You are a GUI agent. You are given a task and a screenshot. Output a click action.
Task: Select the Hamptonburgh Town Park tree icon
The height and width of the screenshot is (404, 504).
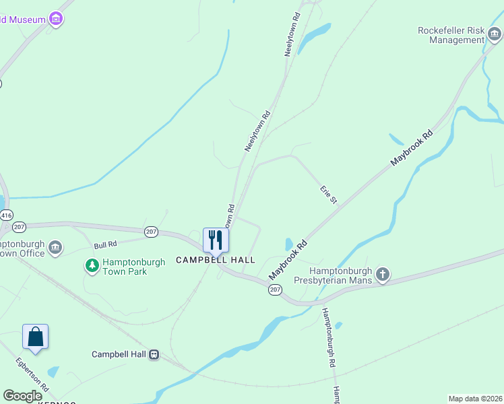click(92, 266)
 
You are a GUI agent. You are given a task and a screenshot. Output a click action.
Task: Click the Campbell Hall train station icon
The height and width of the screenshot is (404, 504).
click(154, 354)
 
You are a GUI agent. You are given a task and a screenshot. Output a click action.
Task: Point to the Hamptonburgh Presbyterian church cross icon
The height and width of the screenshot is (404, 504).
click(383, 274)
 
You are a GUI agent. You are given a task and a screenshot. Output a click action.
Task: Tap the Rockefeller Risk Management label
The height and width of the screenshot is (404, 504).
click(451, 35)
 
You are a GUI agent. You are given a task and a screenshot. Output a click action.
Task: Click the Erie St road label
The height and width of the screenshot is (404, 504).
click(329, 196)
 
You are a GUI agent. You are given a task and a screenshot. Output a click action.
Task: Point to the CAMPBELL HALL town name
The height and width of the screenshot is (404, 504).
click(216, 260)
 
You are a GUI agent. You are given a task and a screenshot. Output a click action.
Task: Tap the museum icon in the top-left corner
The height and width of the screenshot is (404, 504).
click(57, 19)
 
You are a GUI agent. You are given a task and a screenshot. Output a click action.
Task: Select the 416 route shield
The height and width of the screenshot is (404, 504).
click(6, 215)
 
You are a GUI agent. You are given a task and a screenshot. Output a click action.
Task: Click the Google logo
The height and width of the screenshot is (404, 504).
click(22, 396)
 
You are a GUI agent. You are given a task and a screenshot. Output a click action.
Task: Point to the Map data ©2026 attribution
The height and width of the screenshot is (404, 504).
click(475, 399)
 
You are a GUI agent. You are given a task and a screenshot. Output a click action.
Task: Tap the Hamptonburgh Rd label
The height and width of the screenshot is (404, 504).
click(329, 337)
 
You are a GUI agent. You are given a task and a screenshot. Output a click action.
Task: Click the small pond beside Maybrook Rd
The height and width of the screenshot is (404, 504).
click(289, 244)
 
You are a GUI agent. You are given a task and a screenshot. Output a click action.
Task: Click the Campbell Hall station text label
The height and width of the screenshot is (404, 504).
click(119, 354)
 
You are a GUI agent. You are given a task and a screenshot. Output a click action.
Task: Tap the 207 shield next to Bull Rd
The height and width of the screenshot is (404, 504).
click(151, 232)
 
